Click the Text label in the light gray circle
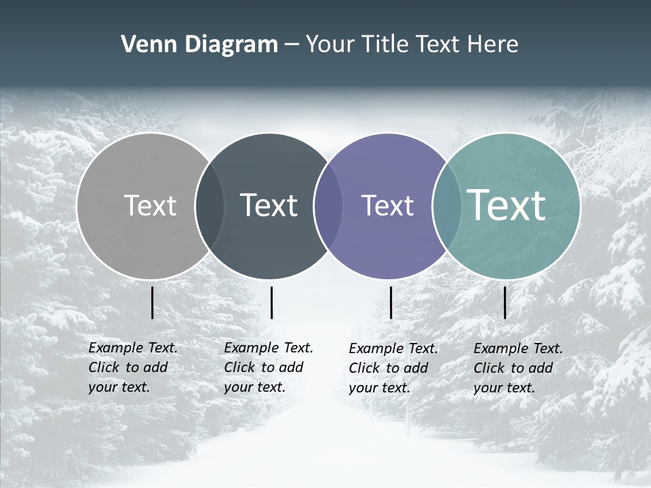click(x=150, y=205)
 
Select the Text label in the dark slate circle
click(x=269, y=205)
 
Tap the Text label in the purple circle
click(x=387, y=205)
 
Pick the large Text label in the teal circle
click(x=507, y=205)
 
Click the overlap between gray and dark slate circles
click(x=210, y=206)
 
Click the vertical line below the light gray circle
click(x=152, y=302)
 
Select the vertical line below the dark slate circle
click(x=271, y=302)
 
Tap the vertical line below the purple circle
click(x=391, y=302)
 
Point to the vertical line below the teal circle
click(x=505, y=302)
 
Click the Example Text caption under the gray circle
click(x=132, y=367)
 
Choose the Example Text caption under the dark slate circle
click(x=268, y=367)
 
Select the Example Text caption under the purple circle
click(x=393, y=368)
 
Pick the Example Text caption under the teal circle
click(x=517, y=368)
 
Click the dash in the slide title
click(x=292, y=45)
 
